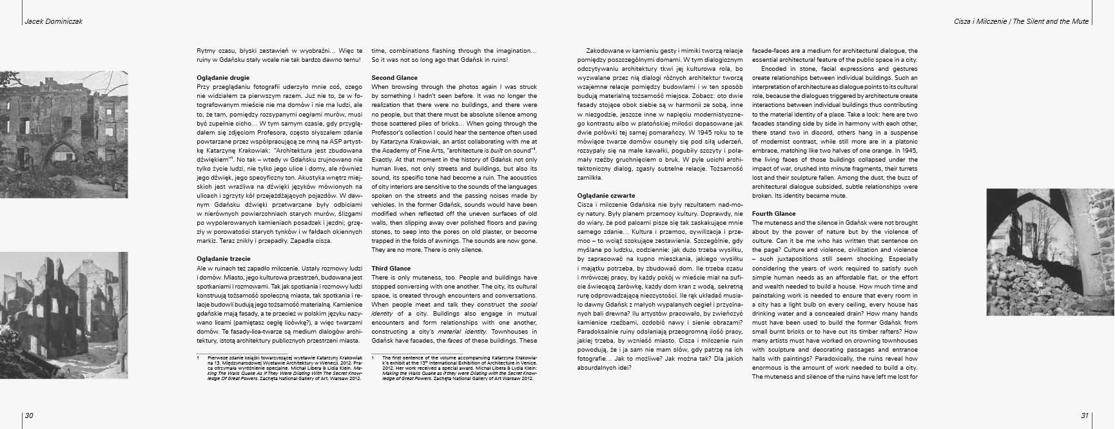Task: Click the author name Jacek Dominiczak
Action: [x=53, y=21]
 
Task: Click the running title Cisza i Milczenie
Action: [x=983, y=21]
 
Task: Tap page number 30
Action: [x=29, y=415]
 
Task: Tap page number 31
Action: [x=1085, y=415]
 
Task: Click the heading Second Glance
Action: [x=394, y=77]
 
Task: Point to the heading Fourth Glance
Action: [x=774, y=213]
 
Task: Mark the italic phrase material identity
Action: [x=454, y=330]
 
